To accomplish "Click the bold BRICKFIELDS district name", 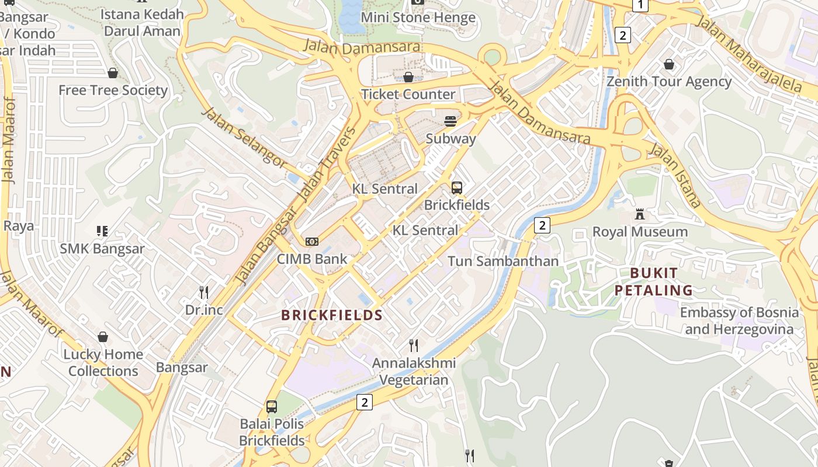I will tap(332, 315).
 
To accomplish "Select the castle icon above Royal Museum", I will tap(640, 214).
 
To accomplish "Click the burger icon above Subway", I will tap(450, 121).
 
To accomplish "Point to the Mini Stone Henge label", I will tap(418, 18).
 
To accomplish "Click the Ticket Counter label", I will tap(408, 94).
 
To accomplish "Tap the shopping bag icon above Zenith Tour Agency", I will tap(669, 64).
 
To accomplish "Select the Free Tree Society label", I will tap(113, 90).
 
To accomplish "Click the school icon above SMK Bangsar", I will tap(102, 231).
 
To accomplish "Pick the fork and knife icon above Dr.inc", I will tap(204, 292).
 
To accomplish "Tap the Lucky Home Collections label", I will tap(103, 363).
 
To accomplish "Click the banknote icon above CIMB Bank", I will tap(312, 242).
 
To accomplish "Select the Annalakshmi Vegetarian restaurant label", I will tap(414, 371).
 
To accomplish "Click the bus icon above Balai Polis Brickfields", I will tap(272, 407).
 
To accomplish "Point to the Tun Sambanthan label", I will tap(503, 261).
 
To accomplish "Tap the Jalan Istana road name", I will tap(675, 175).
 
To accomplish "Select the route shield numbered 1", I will tap(640, 5).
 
